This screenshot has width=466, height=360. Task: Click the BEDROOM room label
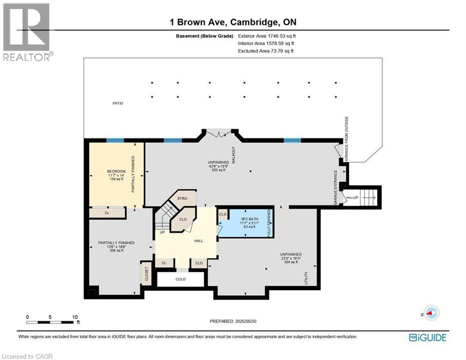tap(116, 171)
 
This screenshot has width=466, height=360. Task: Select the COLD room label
tap(180, 279)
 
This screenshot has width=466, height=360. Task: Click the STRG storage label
tap(182, 199)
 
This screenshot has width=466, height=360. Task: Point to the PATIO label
tap(118, 103)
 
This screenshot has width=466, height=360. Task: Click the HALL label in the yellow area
tap(198, 240)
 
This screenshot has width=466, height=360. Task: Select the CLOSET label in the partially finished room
tap(146, 274)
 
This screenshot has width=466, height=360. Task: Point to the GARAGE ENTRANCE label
tap(335, 186)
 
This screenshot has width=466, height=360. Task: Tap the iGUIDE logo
tap(427, 337)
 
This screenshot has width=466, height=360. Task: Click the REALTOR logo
tap(27, 32)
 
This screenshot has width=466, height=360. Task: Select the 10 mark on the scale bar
tap(74, 317)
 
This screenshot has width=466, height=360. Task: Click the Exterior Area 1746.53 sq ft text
tap(267, 36)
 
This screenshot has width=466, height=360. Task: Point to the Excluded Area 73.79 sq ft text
tap(266, 51)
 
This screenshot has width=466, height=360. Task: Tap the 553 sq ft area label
tap(219, 170)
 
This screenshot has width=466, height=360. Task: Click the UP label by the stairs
tap(162, 232)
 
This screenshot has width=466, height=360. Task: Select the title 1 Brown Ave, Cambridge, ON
tap(233, 22)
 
